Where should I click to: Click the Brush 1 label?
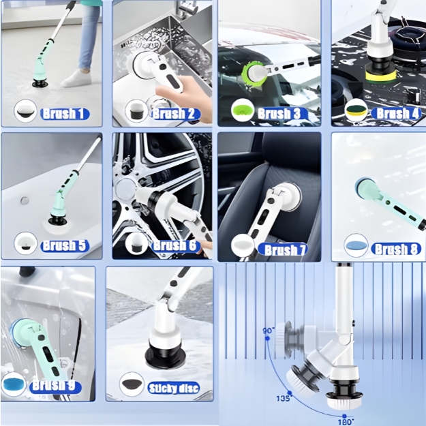[x=65, y=114]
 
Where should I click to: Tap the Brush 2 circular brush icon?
[x=136, y=111]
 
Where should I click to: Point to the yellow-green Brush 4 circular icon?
[x=356, y=110]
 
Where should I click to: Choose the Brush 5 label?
[x=65, y=245]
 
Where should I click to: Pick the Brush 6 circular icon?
[x=136, y=244]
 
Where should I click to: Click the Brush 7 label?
[x=283, y=249]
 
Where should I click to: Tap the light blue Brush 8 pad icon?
[x=356, y=245]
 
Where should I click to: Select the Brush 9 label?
[x=55, y=386]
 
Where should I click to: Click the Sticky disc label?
[x=173, y=388]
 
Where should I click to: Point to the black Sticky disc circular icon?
[x=132, y=384]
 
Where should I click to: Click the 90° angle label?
[x=269, y=331]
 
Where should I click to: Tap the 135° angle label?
[x=284, y=399]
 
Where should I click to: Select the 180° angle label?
[x=345, y=422]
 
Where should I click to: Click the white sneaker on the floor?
[x=76, y=78]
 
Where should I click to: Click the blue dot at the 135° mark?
[x=290, y=393]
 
